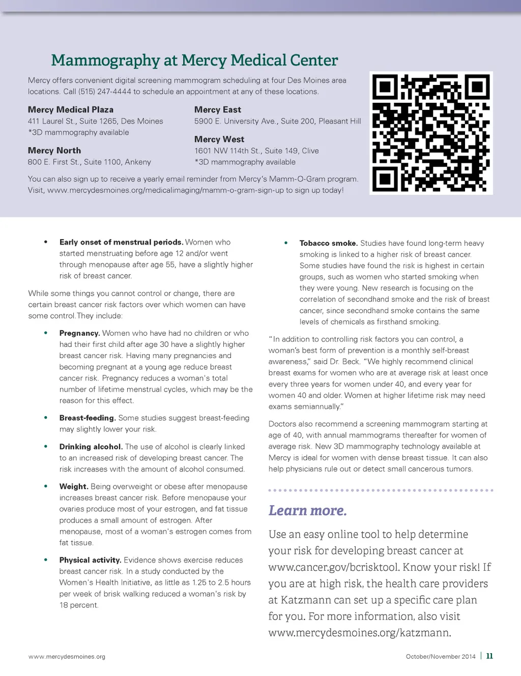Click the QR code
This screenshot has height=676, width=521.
click(431, 133)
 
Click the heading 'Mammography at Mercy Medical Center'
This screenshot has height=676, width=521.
click(194, 61)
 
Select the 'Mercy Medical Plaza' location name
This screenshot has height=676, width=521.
click(71, 110)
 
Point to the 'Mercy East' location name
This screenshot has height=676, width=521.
click(218, 110)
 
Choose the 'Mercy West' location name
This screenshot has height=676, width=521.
click(219, 139)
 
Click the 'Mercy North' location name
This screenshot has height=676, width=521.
click(54, 151)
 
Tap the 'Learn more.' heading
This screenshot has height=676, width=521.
click(308, 510)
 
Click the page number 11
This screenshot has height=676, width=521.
click(489, 656)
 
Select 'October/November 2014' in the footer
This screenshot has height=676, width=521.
click(441, 657)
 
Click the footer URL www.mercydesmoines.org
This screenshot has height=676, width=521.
click(67, 657)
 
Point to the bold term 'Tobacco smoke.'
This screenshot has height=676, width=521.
click(329, 243)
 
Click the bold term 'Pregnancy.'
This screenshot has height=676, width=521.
click(79, 333)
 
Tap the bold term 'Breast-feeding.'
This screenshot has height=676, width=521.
click(88, 418)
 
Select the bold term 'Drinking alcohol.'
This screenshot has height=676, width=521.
click(91, 447)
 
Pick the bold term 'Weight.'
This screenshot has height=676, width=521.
click(74, 487)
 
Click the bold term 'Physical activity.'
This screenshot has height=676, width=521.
click(90, 560)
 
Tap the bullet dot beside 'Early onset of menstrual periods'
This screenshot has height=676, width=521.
click(46, 242)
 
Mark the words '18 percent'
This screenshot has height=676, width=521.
click(79, 605)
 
